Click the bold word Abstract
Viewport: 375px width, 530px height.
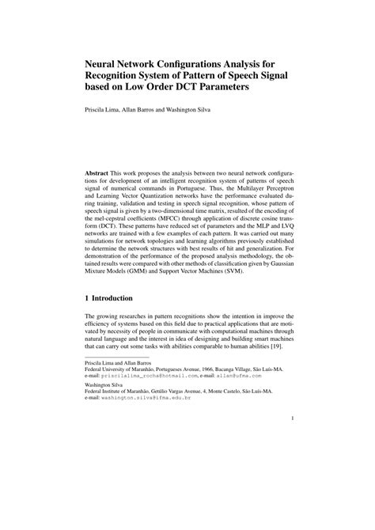pos(98,172)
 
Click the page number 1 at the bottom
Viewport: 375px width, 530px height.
pos(293,441)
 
